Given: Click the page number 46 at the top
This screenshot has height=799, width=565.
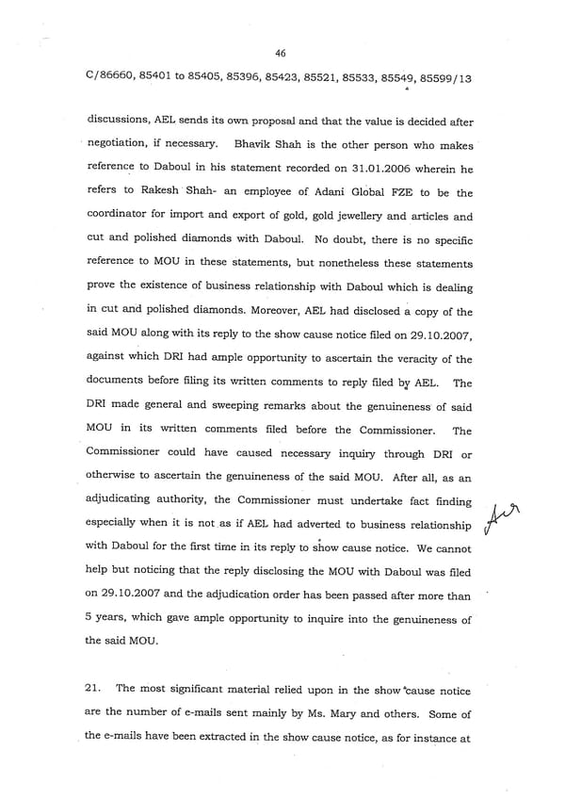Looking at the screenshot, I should pos(281,54).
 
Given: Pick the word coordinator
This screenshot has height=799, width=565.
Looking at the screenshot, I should pos(121,218).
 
